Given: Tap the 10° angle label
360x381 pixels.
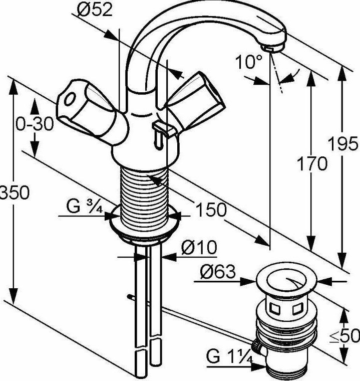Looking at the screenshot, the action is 248,62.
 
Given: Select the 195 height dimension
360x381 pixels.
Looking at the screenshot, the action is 342,143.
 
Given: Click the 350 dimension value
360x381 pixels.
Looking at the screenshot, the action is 15,193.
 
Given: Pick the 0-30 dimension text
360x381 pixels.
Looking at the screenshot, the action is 34,124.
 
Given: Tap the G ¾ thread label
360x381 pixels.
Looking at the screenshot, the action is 84,207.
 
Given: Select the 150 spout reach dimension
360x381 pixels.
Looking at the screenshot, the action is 211,210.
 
